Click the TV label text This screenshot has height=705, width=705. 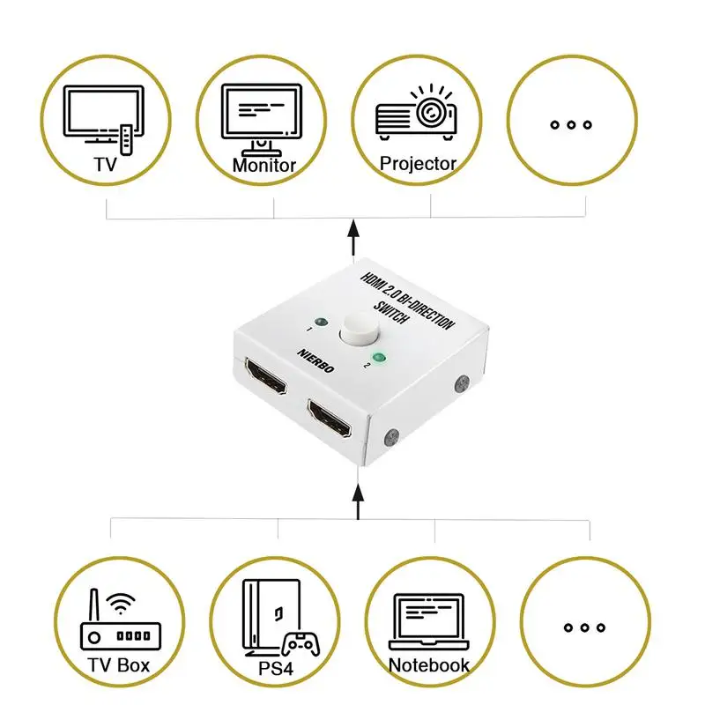106,164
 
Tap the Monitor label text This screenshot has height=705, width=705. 263,165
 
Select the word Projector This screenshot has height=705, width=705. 418,164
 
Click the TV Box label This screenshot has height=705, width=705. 118,665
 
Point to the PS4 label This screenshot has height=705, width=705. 276,668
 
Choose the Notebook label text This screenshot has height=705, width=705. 428,665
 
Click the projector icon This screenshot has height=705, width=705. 416,112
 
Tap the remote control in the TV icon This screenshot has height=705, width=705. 127,139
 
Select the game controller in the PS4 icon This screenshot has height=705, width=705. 301,644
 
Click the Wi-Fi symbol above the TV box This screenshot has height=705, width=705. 121,604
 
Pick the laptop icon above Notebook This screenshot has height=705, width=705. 429,622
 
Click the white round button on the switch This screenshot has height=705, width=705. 360,328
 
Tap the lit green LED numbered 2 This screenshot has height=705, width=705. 379,358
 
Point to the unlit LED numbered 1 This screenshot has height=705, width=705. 321,322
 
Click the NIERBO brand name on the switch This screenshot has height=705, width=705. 315,361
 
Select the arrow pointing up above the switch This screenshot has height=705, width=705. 354,237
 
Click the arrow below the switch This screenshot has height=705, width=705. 358,501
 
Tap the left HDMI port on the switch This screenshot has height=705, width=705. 266,376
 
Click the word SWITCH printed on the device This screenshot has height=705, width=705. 391,312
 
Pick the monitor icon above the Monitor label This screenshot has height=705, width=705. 262,119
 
